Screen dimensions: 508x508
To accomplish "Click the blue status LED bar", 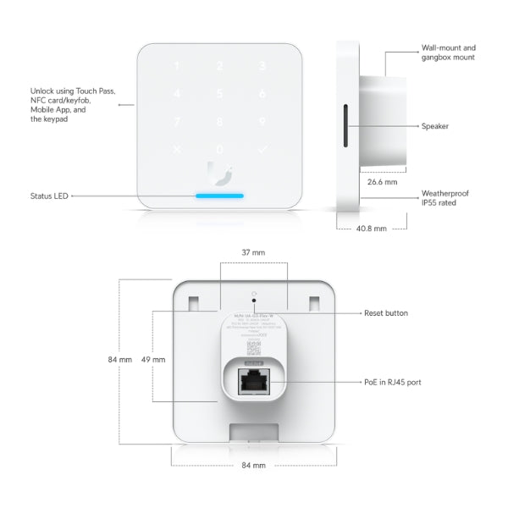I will [220, 196].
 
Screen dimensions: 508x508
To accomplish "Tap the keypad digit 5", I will [220, 94].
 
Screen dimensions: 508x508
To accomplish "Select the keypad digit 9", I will [262, 121].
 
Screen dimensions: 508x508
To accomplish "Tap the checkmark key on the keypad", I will [262, 150].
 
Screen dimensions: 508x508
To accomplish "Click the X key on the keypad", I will [177, 150].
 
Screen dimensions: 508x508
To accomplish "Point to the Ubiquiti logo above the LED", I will [220, 171].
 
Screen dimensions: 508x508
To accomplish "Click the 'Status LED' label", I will [49, 196].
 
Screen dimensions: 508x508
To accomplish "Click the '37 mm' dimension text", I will [253, 252].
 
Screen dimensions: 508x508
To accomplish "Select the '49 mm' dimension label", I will [153, 359].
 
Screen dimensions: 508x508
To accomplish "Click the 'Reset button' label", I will [385, 313].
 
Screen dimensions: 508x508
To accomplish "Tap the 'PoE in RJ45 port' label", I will [392, 383].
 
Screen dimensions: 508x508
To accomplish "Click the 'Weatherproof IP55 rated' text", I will [444, 199].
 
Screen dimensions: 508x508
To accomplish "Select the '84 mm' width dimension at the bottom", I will [253, 466].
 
